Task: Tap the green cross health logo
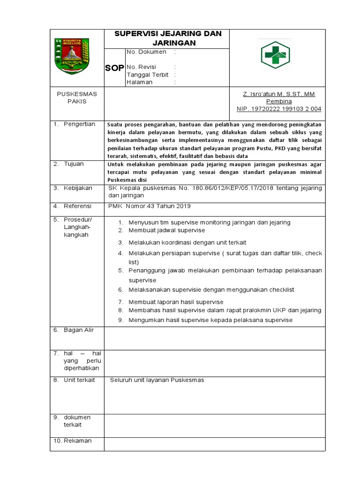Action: (275, 55)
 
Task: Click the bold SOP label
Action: (114, 68)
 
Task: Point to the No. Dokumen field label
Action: (146, 52)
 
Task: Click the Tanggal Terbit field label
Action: (147, 75)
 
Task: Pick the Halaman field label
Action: (140, 82)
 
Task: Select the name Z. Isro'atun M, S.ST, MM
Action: (279, 94)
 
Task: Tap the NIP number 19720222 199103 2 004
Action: (279, 109)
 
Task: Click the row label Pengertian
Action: (79, 124)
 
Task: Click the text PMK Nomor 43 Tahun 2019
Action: (150, 206)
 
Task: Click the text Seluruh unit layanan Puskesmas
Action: (157, 380)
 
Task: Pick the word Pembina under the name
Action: (279, 101)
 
